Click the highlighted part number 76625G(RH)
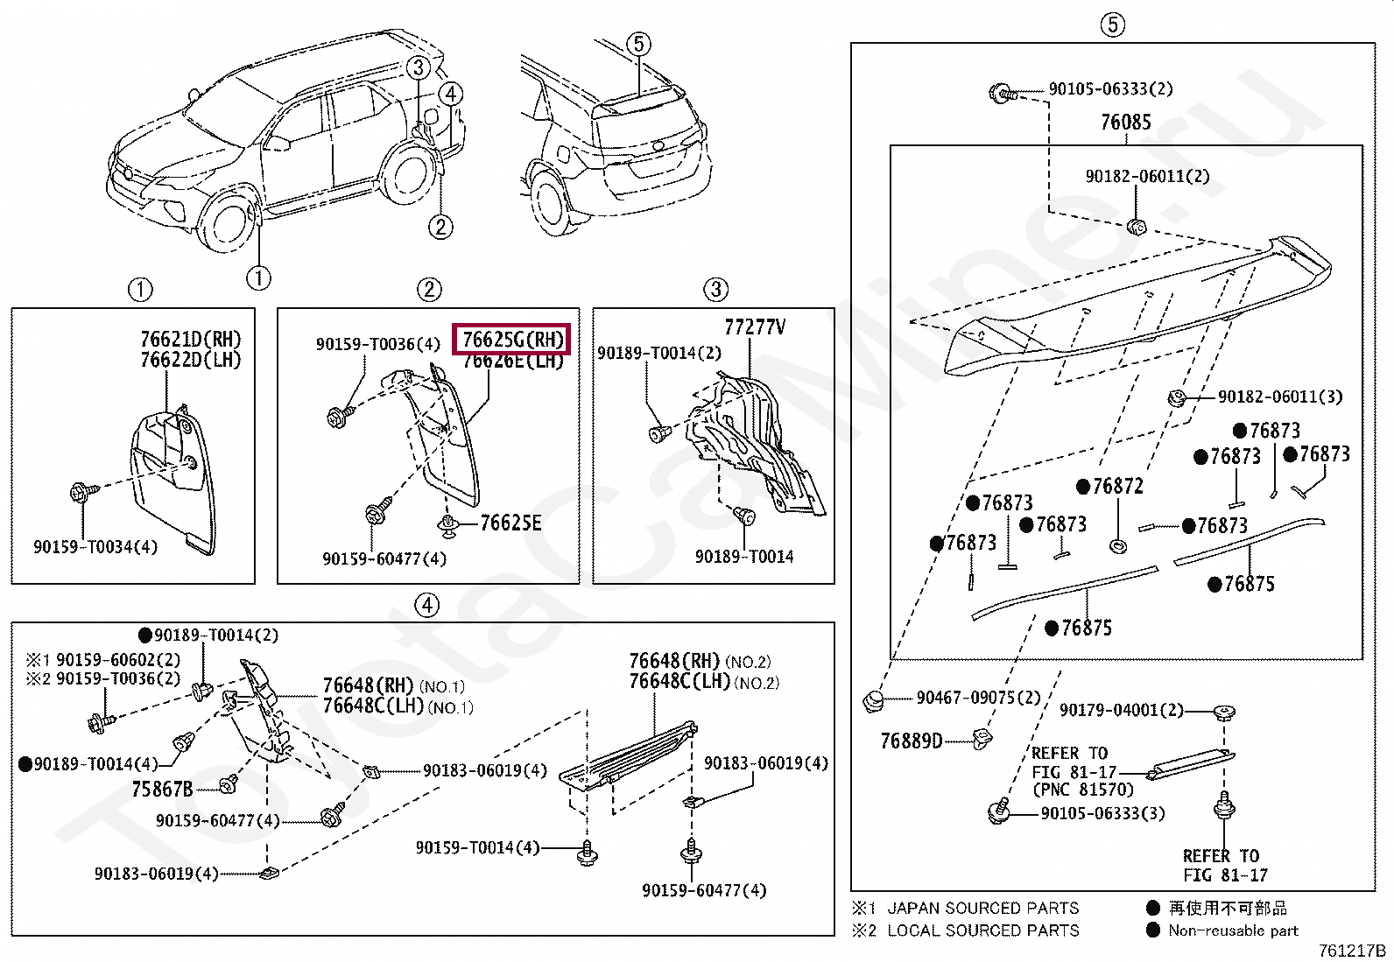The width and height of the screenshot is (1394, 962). [510, 339]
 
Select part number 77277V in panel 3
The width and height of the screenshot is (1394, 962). [754, 327]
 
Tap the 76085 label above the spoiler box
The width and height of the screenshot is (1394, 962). [1125, 123]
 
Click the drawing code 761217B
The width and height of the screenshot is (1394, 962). [1352, 951]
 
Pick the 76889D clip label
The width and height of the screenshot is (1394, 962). [911, 741]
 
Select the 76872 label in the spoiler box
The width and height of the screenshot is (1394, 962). [1117, 486]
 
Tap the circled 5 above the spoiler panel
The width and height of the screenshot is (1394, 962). [1111, 25]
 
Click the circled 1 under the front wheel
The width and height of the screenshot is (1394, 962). [258, 278]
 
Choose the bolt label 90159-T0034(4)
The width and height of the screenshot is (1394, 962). [95, 547]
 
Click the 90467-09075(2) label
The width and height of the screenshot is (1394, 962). [978, 698]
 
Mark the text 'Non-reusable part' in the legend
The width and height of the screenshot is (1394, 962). [1233, 930]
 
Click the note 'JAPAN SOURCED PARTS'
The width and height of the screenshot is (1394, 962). [982, 908]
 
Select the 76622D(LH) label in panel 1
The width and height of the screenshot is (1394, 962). [190, 360]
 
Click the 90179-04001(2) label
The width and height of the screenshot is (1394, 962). [1121, 710]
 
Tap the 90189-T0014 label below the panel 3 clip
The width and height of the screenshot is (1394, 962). [744, 557]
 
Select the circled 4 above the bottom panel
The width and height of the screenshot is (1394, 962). [426, 604]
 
